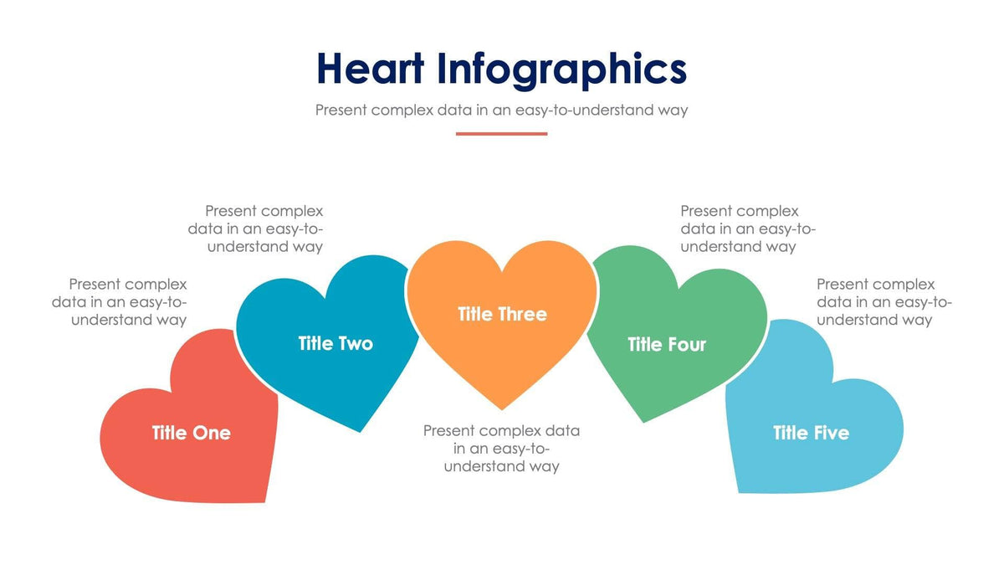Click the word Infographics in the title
click(561, 70)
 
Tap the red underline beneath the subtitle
click(501, 133)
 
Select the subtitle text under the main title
click(501, 110)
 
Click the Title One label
click(191, 433)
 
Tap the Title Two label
click(336, 343)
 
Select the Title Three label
click(502, 314)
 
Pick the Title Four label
click(667, 344)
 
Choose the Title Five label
click(811, 433)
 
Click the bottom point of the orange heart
click(502, 408)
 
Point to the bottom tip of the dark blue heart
click(361, 430)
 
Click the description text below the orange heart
click(501, 449)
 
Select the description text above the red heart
click(120, 302)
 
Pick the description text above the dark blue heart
click(264, 229)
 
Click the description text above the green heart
click(740, 229)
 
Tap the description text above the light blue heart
click(884, 302)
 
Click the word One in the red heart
click(211, 433)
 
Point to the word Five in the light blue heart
click(830, 433)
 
